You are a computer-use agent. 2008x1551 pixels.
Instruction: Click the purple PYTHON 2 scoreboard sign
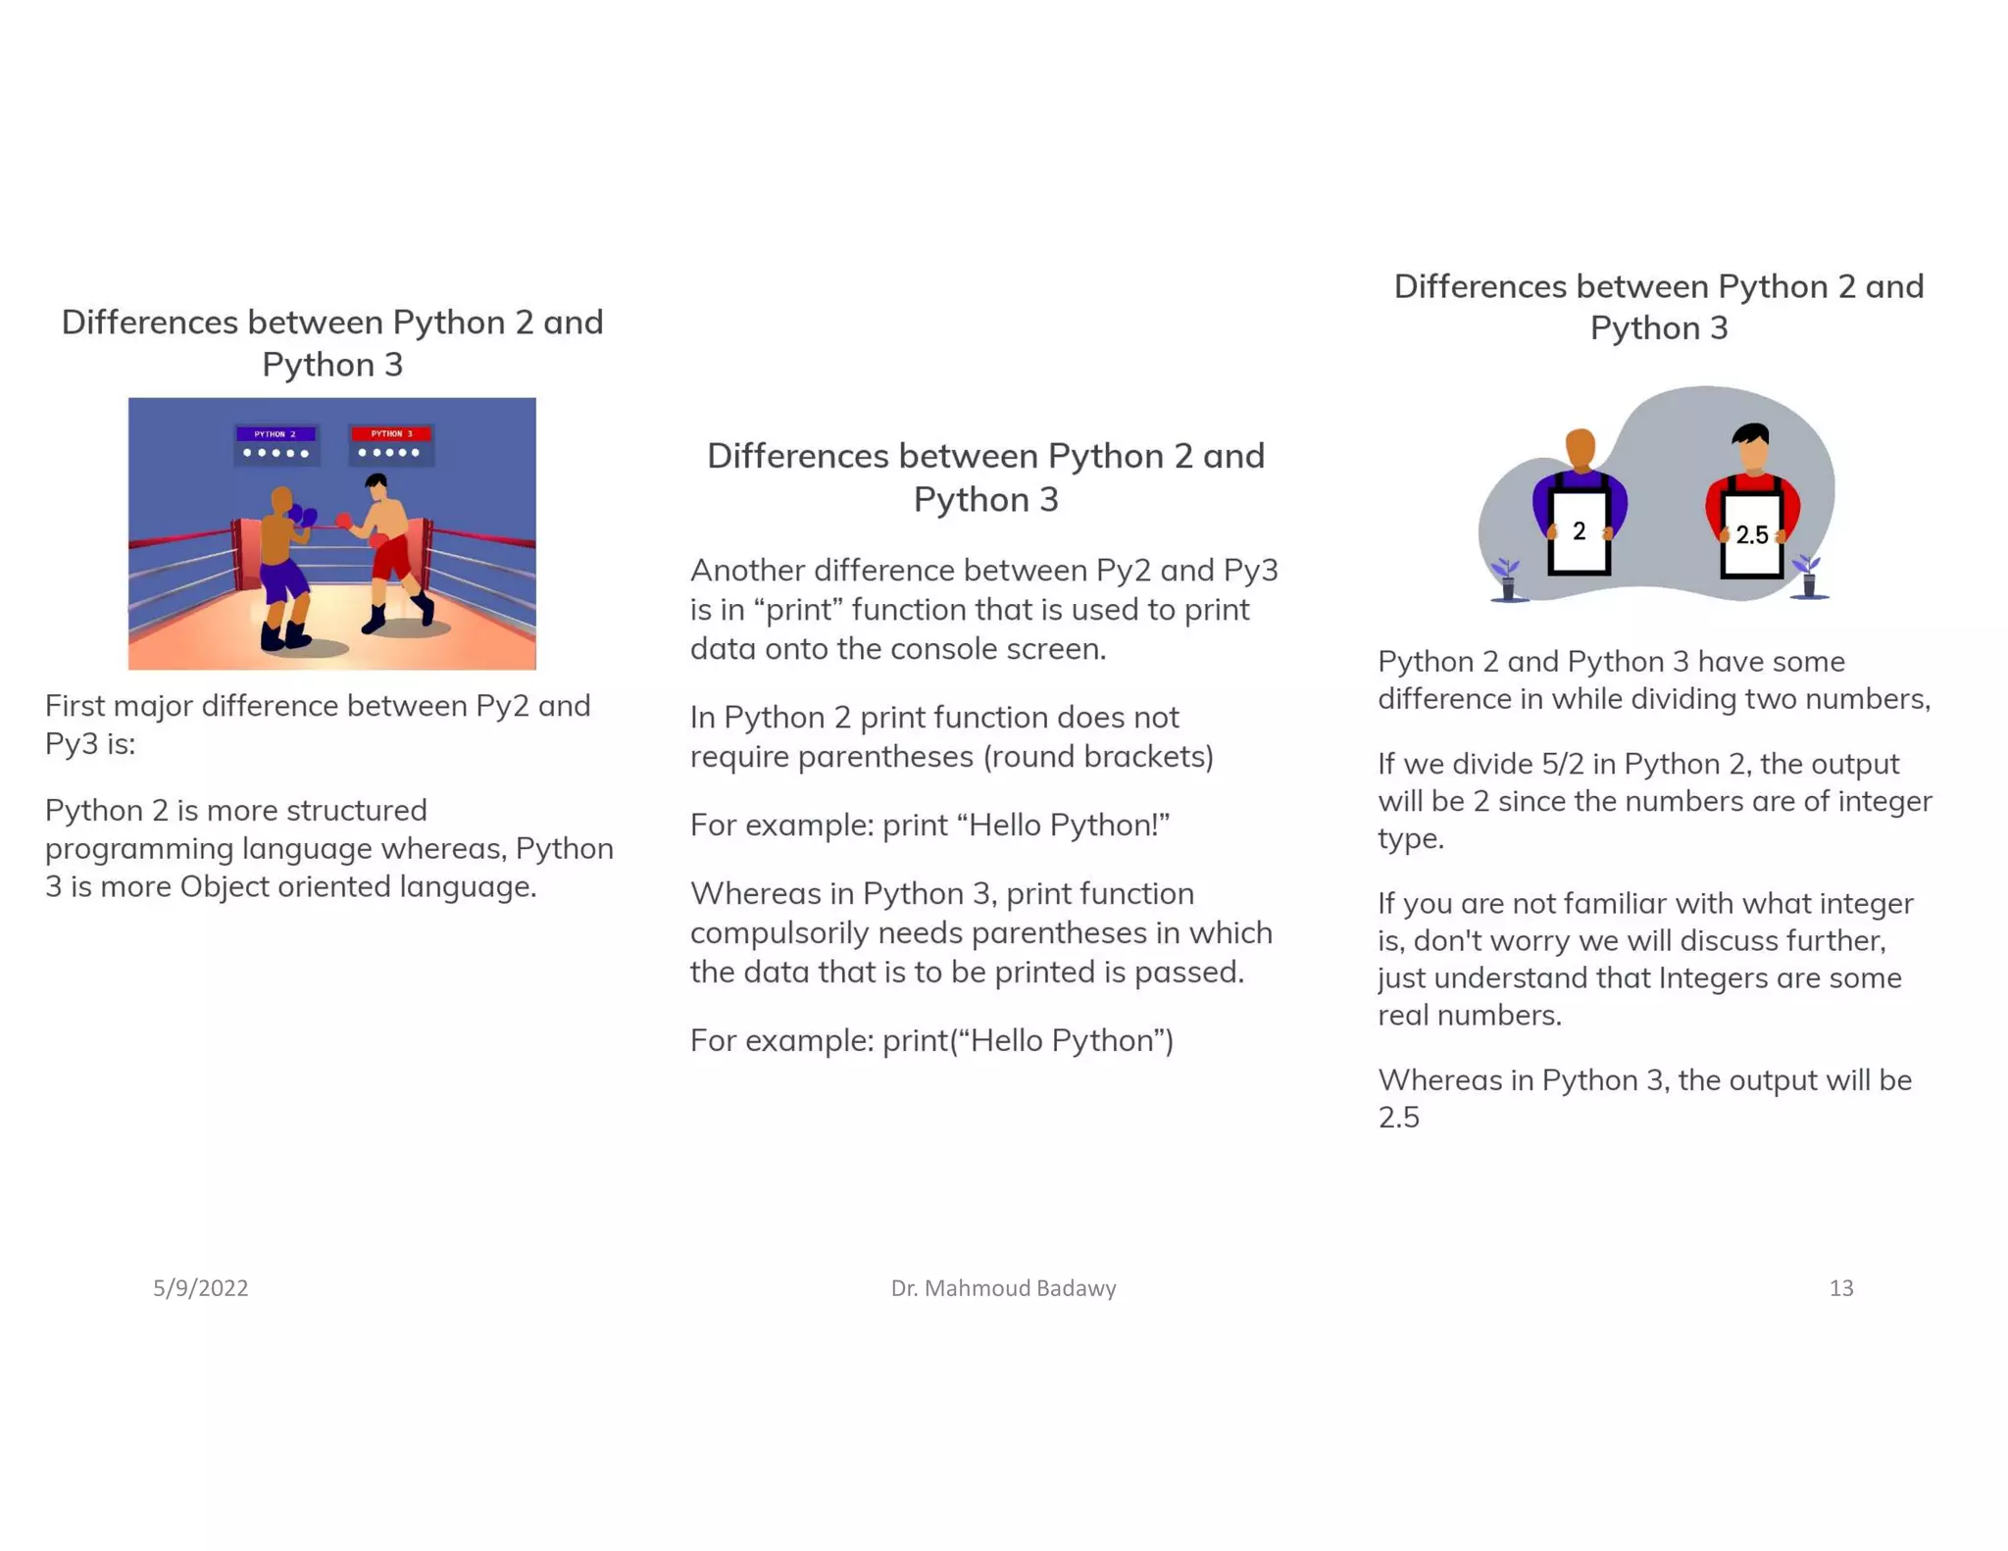(x=276, y=434)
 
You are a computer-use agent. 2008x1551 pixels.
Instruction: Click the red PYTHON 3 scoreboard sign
(x=391, y=434)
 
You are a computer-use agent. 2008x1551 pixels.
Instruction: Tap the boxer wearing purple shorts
(x=284, y=569)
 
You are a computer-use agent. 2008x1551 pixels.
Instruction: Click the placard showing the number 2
(x=1579, y=532)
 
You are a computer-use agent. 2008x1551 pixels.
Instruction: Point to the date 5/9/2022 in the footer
(x=200, y=1288)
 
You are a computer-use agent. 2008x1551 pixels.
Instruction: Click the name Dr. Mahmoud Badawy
(x=1003, y=1288)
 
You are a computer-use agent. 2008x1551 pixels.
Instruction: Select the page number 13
(x=1840, y=1288)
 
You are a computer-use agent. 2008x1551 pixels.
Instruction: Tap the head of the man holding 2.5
(x=1751, y=447)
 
